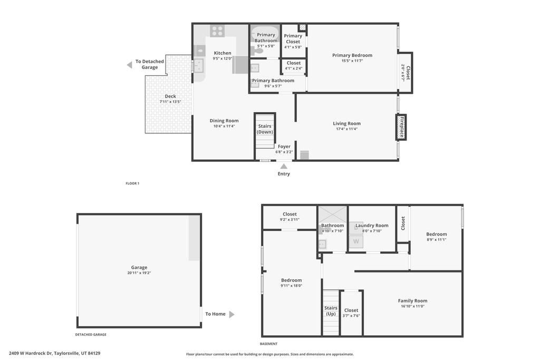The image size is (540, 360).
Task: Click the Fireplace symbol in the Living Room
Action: coord(401,128)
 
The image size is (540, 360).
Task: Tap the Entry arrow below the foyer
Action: coord(283,167)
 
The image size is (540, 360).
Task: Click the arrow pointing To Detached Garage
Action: coord(130,65)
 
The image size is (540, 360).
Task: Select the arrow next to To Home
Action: coord(232,314)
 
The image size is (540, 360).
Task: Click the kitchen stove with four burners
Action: coord(217,31)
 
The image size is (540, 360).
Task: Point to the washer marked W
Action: coord(356,241)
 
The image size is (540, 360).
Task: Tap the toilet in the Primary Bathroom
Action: coord(257,51)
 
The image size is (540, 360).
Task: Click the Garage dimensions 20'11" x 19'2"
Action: coord(139,273)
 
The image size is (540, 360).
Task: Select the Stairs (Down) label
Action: coord(265,129)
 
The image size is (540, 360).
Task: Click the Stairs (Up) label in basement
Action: coord(331,311)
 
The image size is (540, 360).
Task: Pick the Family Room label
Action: coord(412,301)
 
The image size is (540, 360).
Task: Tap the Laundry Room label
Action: coord(372,226)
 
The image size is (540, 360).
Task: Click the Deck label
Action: coord(170,96)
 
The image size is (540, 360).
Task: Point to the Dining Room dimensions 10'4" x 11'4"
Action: coord(224,127)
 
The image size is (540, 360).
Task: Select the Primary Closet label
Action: coord(293,38)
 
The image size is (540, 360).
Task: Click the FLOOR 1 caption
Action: coord(132,183)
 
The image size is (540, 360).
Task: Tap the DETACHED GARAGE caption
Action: coord(91,335)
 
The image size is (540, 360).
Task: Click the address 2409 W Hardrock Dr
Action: coord(31,353)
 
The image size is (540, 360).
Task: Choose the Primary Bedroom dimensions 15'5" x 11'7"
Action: coord(352,61)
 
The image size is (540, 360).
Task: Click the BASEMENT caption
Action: coord(268,344)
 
